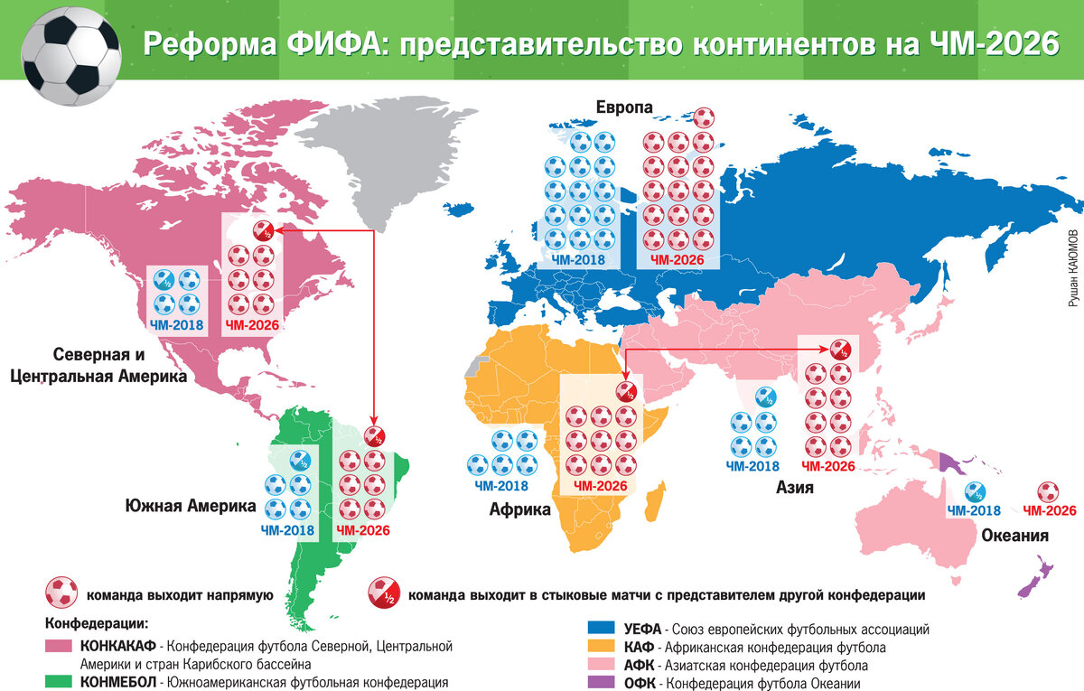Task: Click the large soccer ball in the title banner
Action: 70,56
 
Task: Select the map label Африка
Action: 519,509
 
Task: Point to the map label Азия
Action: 796,488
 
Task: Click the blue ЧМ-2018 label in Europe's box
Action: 578,260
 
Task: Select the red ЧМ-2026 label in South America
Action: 362,530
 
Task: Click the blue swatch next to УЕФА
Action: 600,628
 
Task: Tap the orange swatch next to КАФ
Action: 600,647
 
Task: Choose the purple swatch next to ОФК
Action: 600,683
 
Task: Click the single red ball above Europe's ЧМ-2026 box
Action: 704,118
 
